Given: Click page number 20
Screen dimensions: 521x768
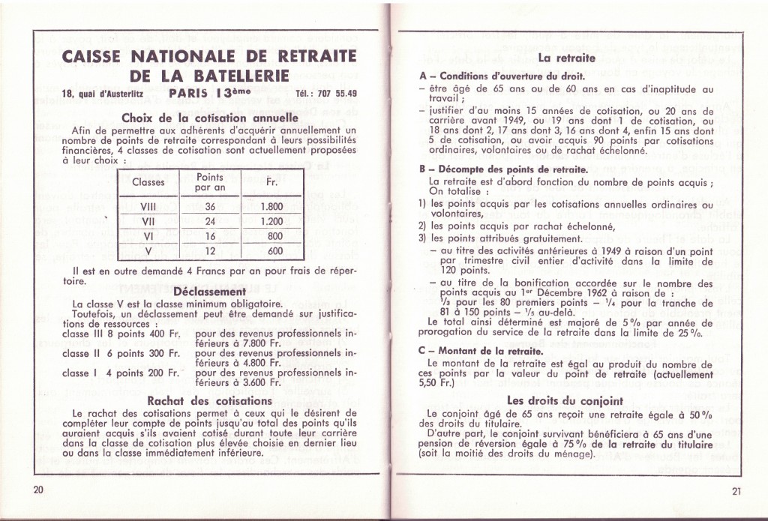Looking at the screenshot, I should click(39, 490).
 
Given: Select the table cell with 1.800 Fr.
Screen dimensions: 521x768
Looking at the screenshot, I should click(271, 207).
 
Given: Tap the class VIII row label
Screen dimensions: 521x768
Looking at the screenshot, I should click(147, 207).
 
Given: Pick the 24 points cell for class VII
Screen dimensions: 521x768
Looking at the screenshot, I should click(210, 222).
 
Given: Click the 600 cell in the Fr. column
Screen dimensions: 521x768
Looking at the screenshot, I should click(275, 251).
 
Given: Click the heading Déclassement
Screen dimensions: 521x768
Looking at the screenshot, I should click(209, 291).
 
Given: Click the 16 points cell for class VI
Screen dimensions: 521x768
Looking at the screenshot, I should click(210, 236).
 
